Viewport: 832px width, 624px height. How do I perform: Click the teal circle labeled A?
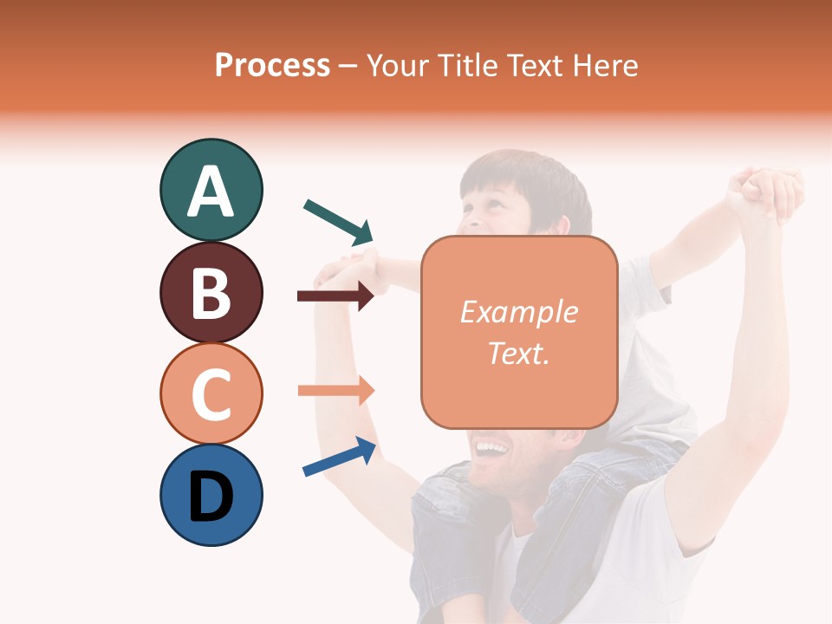[x=211, y=190]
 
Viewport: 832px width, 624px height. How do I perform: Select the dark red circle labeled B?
[x=211, y=292]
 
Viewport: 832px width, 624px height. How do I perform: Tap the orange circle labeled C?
[x=211, y=393]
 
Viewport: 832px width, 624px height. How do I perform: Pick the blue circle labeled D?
[x=211, y=495]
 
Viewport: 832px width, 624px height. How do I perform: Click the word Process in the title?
[x=272, y=66]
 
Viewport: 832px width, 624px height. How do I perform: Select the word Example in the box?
[x=518, y=312]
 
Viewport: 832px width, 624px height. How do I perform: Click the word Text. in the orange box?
[x=518, y=353]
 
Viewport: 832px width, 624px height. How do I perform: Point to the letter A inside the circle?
[x=211, y=192]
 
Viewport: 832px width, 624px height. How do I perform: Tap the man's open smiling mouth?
[x=491, y=449]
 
